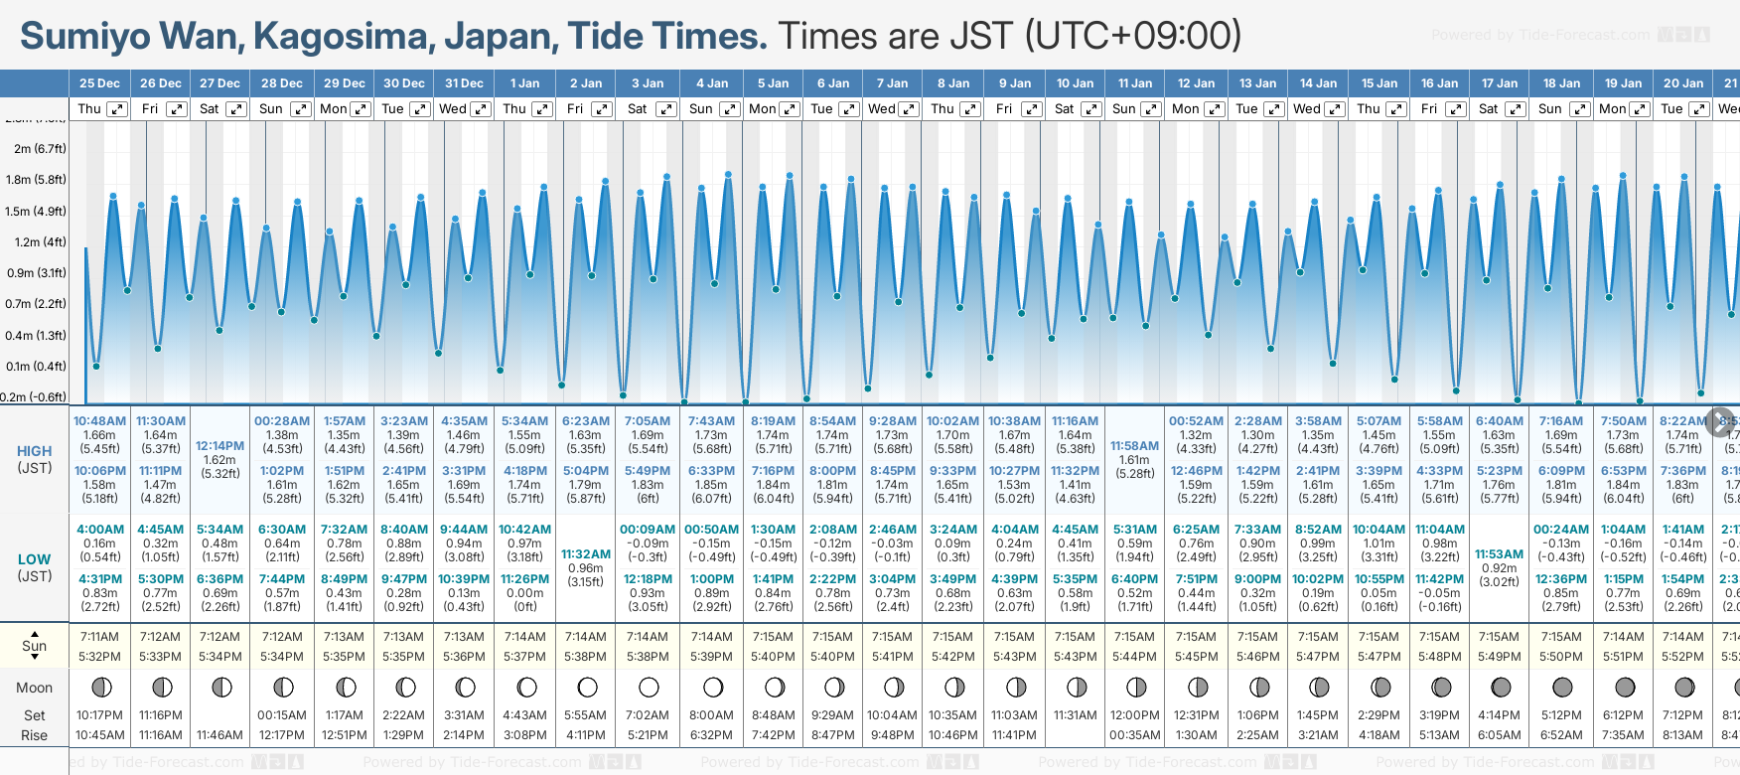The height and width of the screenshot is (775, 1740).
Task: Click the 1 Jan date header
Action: click(x=524, y=83)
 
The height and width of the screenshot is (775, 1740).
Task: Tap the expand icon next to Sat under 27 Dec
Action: click(x=236, y=109)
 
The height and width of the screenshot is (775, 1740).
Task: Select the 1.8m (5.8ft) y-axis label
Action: click(x=36, y=180)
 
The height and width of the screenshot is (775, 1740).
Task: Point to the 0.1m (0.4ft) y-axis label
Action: click(x=36, y=366)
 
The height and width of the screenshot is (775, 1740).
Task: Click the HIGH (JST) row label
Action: click(x=34, y=459)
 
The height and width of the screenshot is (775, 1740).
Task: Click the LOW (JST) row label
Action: click(x=34, y=567)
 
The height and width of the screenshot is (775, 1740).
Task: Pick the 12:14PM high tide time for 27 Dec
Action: click(x=219, y=446)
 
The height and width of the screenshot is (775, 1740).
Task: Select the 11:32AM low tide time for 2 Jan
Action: click(x=586, y=554)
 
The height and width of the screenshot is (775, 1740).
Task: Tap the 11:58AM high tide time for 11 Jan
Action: click(x=1134, y=446)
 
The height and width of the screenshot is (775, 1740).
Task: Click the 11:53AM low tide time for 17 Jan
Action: click(x=1499, y=554)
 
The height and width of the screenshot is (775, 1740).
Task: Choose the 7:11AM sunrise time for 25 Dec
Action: click(x=99, y=637)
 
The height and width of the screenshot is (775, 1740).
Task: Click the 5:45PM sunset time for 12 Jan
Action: click(x=1196, y=657)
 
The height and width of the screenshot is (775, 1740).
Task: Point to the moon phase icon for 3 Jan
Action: click(x=649, y=687)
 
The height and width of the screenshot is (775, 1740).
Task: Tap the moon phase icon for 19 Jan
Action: click(x=1625, y=687)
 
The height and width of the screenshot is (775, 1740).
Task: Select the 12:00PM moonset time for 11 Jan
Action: click(x=1134, y=715)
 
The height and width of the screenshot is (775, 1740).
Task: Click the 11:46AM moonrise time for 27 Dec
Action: click(x=219, y=735)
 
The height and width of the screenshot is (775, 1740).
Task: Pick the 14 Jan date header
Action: click(x=1319, y=83)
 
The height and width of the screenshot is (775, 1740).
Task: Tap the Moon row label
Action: click(x=34, y=688)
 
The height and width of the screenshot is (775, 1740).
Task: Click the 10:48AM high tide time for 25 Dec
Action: click(x=99, y=421)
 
